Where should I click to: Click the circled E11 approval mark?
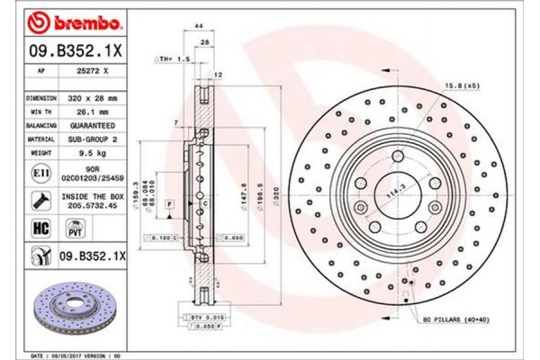[x=40, y=172]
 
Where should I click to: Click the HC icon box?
[x=40, y=229]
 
